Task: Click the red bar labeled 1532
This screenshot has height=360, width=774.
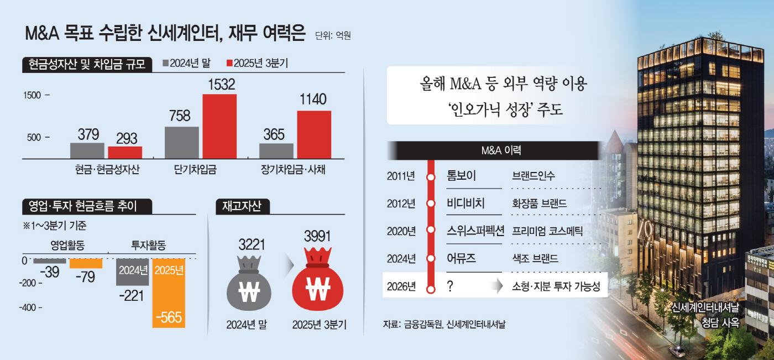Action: (219, 127)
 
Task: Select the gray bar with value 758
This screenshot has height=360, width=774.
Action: (181, 143)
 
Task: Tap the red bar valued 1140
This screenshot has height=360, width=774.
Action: (314, 135)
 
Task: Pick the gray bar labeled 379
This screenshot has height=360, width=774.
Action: (87, 150)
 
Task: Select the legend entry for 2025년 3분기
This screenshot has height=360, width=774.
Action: (257, 64)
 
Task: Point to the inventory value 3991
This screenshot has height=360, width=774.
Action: (317, 237)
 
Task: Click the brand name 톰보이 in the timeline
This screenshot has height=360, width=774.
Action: (461, 176)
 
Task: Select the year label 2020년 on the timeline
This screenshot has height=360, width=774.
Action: (401, 231)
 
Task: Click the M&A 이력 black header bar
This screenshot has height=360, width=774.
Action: (494, 150)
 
